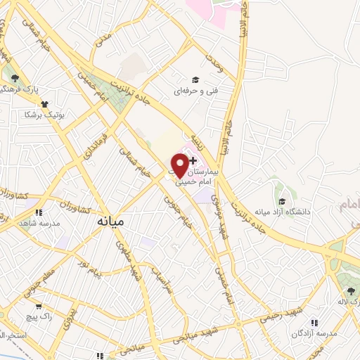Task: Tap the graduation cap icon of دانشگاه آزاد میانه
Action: [281, 201]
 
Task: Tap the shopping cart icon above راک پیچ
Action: [38, 306]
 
